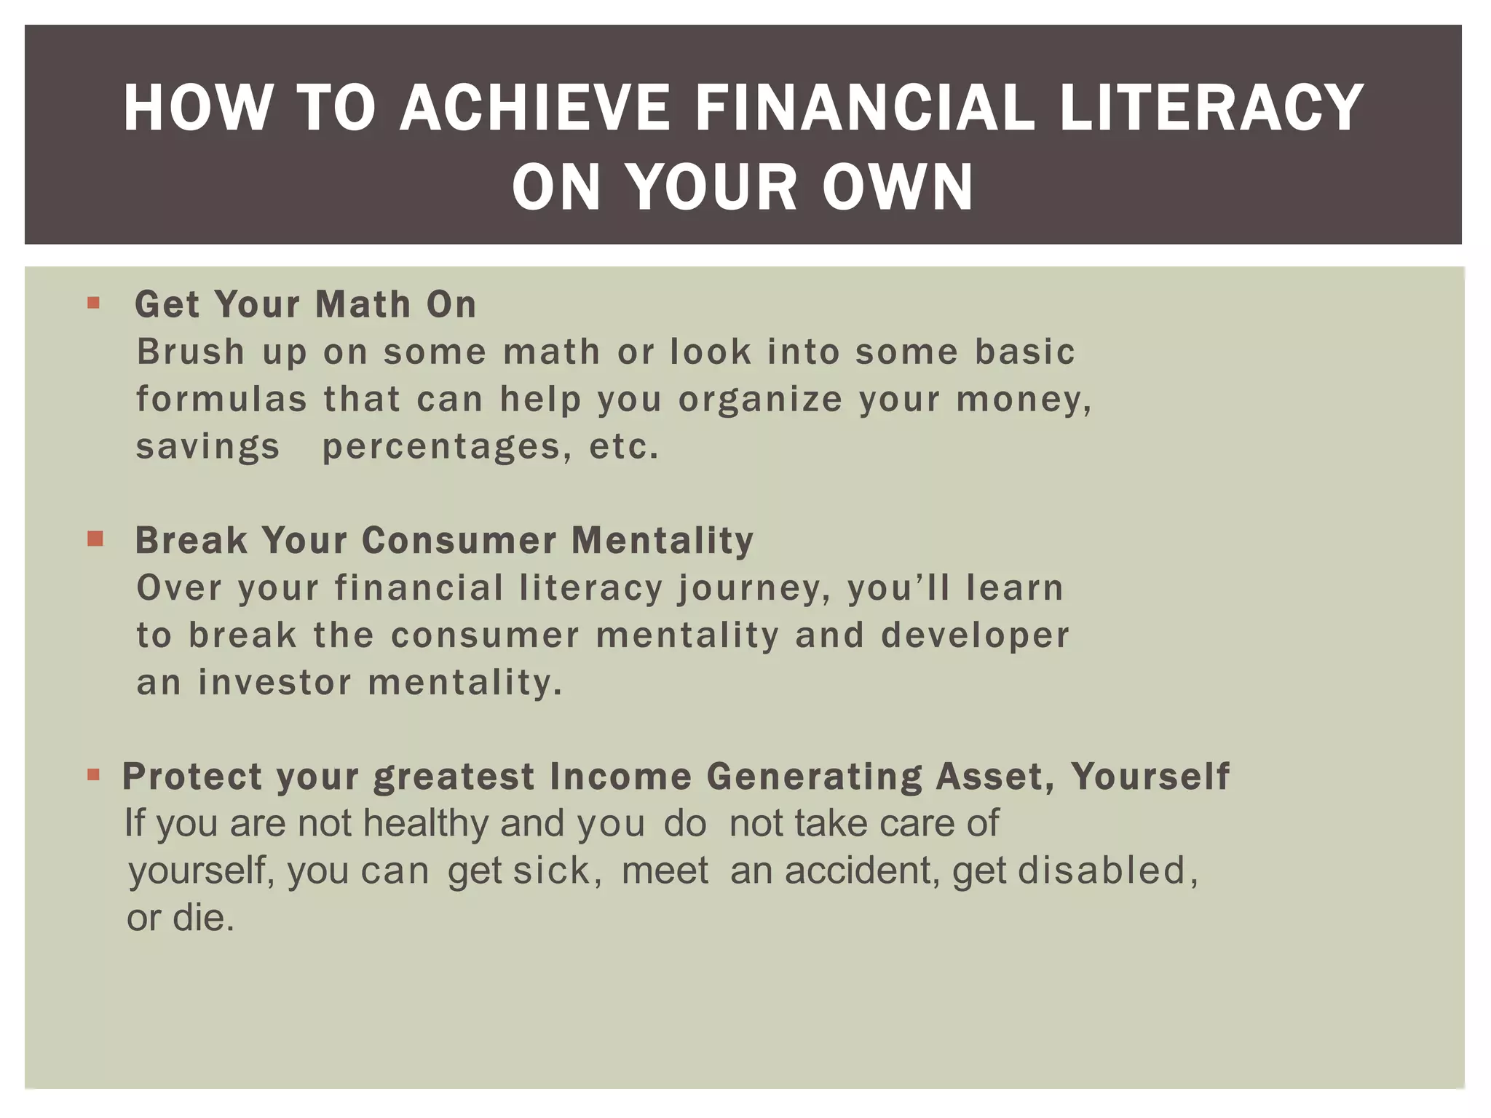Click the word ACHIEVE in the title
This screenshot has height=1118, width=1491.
pos(534,108)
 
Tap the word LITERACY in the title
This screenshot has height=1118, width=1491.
pos(1211,108)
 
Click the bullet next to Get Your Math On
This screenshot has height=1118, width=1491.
pos(93,302)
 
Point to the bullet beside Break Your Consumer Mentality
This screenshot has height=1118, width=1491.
pos(95,539)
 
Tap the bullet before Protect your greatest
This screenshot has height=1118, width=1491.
pos(93,774)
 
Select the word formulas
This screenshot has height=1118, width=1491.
pos(222,400)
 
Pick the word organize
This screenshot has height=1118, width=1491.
pos(760,400)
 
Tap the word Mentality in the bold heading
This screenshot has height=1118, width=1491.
pos(663,541)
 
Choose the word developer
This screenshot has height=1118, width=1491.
pos(975,635)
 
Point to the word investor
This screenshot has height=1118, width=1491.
pos(274,683)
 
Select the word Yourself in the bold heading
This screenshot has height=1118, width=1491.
pos(1150,776)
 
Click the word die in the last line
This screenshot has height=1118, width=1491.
pos(202,918)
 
